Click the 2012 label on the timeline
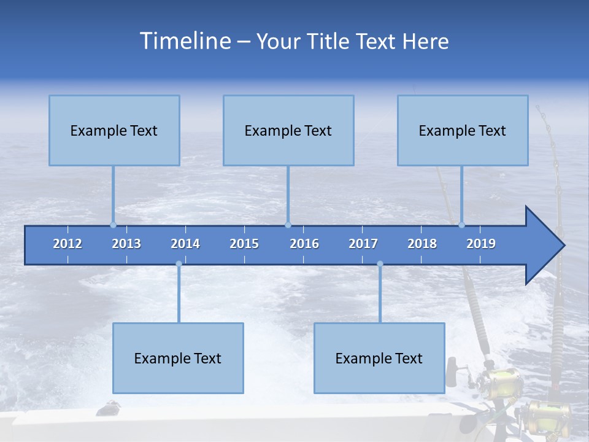click(x=67, y=244)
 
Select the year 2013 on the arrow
click(x=126, y=244)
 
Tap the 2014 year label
click(x=185, y=244)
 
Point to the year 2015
click(x=244, y=244)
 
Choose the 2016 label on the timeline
click(x=304, y=244)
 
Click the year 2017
click(x=363, y=244)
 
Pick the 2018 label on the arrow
click(x=422, y=244)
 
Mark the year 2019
click(x=481, y=244)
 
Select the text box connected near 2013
click(x=114, y=130)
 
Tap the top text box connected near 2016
click(x=288, y=130)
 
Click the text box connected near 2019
click(x=463, y=130)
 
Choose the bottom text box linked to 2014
click(x=178, y=358)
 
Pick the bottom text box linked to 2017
click(x=379, y=358)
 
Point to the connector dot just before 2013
click(x=113, y=225)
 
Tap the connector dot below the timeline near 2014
click(x=179, y=264)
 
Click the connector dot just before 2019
click(x=461, y=225)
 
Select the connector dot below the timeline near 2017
click(x=380, y=264)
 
